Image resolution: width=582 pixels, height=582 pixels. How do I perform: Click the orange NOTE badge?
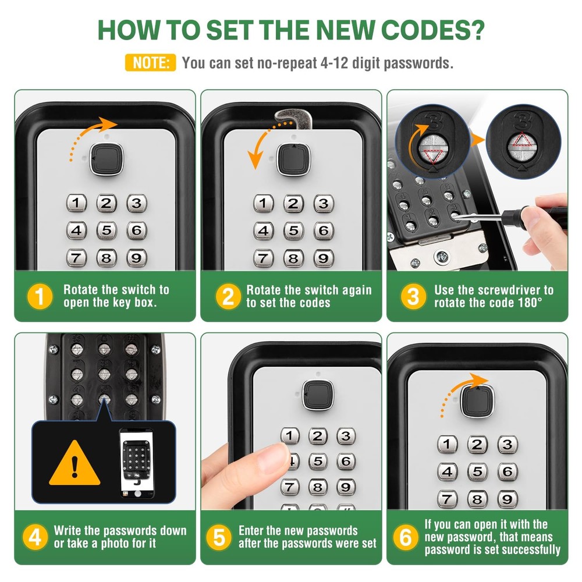click(x=150, y=63)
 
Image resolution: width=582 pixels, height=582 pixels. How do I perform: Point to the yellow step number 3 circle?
click(x=413, y=297)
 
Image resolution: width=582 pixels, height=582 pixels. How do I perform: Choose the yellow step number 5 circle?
click(x=219, y=537)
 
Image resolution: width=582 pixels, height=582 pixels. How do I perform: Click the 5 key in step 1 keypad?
click(x=106, y=230)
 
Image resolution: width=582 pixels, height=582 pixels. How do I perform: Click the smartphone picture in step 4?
click(x=137, y=463)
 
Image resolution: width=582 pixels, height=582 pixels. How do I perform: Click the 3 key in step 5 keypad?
click(x=346, y=436)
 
